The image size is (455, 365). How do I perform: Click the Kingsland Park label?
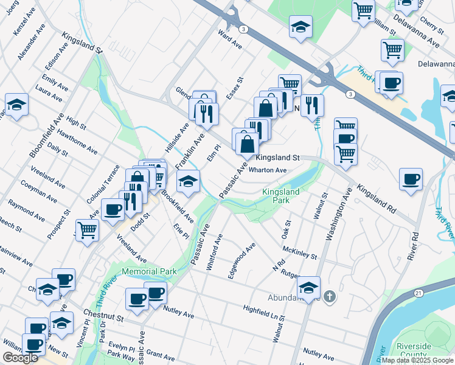[x=280, y=196]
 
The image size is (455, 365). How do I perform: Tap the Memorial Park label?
[x=149, y=271]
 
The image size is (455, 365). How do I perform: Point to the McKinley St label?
[x=300, y=252]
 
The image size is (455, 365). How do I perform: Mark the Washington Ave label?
[x=338, y=214]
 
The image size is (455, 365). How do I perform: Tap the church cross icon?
[x=329, y=297]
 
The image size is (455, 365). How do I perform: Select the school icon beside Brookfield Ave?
[x=189, y=181]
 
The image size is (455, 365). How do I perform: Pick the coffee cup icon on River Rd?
[x=411, y=179]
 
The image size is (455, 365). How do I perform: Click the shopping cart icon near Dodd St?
[x=87, y=229]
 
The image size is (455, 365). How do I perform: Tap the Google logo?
[x=20, y=358]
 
